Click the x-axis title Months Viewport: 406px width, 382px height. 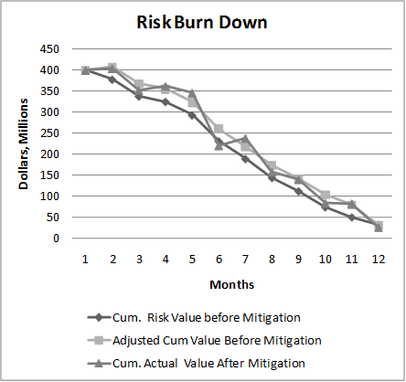tap(231, 284)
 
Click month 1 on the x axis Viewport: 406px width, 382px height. tap(85, 259)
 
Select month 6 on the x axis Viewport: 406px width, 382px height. tap(218, 259)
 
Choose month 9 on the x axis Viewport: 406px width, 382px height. tap(298, 259)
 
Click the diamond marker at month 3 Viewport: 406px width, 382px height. tap(138, 96)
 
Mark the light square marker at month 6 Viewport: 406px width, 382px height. tap(219, 129)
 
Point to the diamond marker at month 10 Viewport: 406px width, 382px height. tap(325, 207)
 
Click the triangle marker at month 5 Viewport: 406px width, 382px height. tap(192, 93)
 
